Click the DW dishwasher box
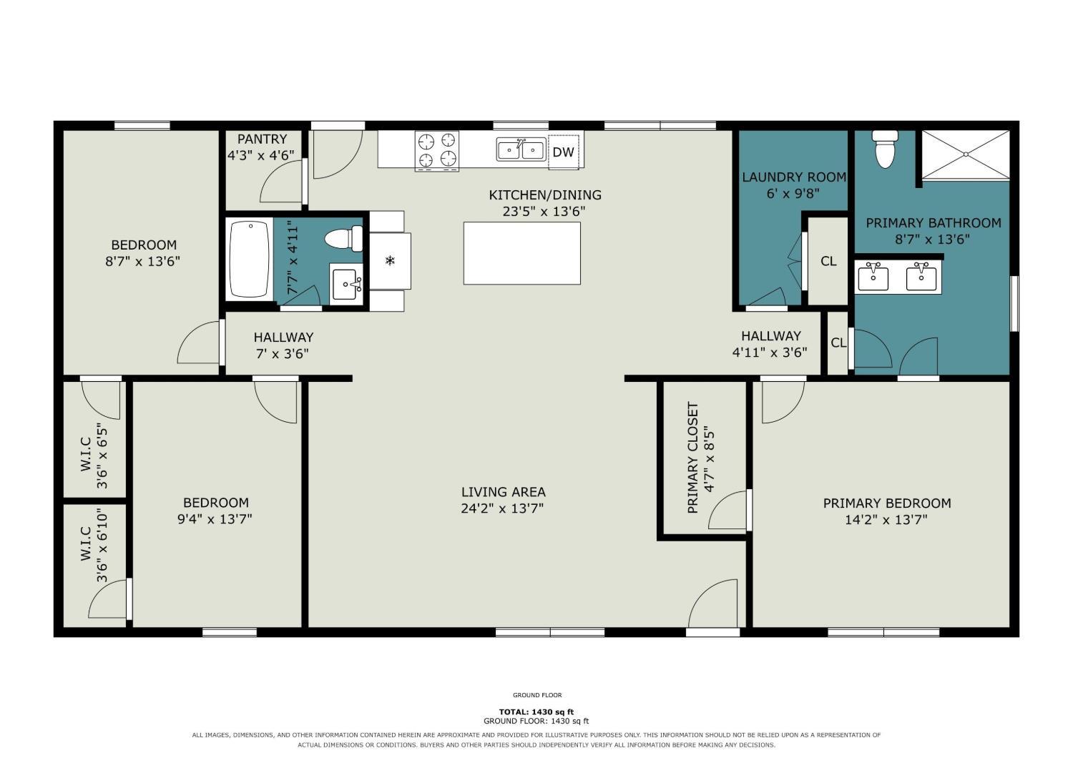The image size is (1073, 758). click(564, 152)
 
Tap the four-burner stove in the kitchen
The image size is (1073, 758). click(437, 151)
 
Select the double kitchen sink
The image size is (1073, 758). click(521, 149)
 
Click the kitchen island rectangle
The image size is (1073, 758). click(522, 253)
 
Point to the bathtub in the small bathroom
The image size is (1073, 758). click(249, 259)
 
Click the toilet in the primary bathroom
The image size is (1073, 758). click(885, 149)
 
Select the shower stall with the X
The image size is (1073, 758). click(966, 155)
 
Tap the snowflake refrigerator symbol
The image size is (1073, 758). click(391, 261)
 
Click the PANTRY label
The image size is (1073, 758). click(262, 139)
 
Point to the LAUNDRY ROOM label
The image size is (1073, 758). click(794, 177)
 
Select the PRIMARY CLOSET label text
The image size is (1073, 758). click(692, 458)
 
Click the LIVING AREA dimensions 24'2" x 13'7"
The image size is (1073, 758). click(502, 508)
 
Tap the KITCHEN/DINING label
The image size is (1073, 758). click(545, 195)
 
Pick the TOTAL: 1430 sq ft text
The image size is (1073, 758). click(536, 712)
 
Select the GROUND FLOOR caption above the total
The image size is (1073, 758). click(537, 695)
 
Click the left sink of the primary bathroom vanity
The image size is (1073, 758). click(873, 277)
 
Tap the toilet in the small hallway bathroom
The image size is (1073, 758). click(344, 239)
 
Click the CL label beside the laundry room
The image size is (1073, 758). click(828, 261)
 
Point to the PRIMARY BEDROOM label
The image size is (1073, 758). click(887, 503)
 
